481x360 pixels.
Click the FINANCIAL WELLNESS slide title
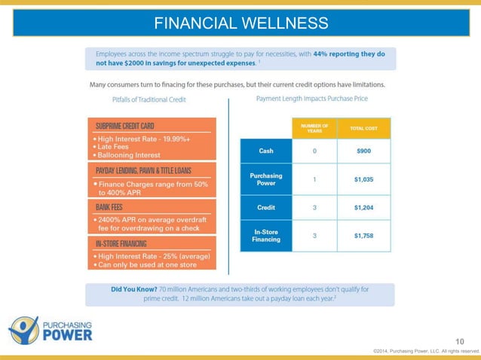[x=240, y=23]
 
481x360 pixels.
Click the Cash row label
[x=265, y=150]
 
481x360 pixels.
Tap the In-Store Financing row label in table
[x=265, y=235]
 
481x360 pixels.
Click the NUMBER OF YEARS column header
[x=314, y=128]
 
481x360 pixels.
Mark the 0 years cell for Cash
[x=314, y=150]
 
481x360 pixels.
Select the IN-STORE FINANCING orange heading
[x=121, y=243]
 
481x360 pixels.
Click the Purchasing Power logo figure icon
[x=23, y=330]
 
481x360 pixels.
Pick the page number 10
[x=461, y=342]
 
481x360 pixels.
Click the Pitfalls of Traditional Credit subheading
[x=149, y=99]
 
